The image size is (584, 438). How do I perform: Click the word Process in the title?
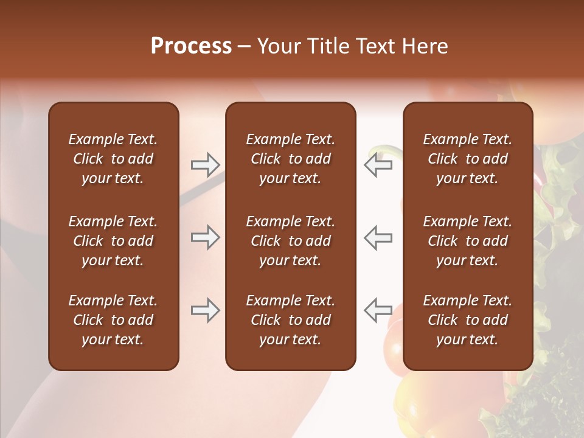click(191, 46)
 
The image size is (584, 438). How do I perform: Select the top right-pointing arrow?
click(205, 164)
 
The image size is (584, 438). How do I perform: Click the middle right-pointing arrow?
click(205, 237)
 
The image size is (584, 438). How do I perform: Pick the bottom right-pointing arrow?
click(205, 310)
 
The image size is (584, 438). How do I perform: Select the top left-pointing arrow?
click(378, 164)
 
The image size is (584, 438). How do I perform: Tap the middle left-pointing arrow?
click(378, 237)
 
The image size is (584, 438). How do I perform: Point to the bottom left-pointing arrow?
click(378, 310)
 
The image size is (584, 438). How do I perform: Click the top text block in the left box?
click(113, 159)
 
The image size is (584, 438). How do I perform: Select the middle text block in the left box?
click(113, 241)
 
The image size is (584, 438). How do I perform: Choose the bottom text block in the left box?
click(113, 320)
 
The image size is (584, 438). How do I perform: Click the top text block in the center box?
click(290, 159)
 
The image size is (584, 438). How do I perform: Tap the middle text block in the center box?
click(290, 241)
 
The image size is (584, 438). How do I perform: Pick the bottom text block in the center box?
click(290, 320)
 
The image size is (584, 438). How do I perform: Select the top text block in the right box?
click(467, 159)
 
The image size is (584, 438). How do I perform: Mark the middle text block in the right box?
click(467, 241)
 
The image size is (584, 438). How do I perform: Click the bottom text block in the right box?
click(467, 320)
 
